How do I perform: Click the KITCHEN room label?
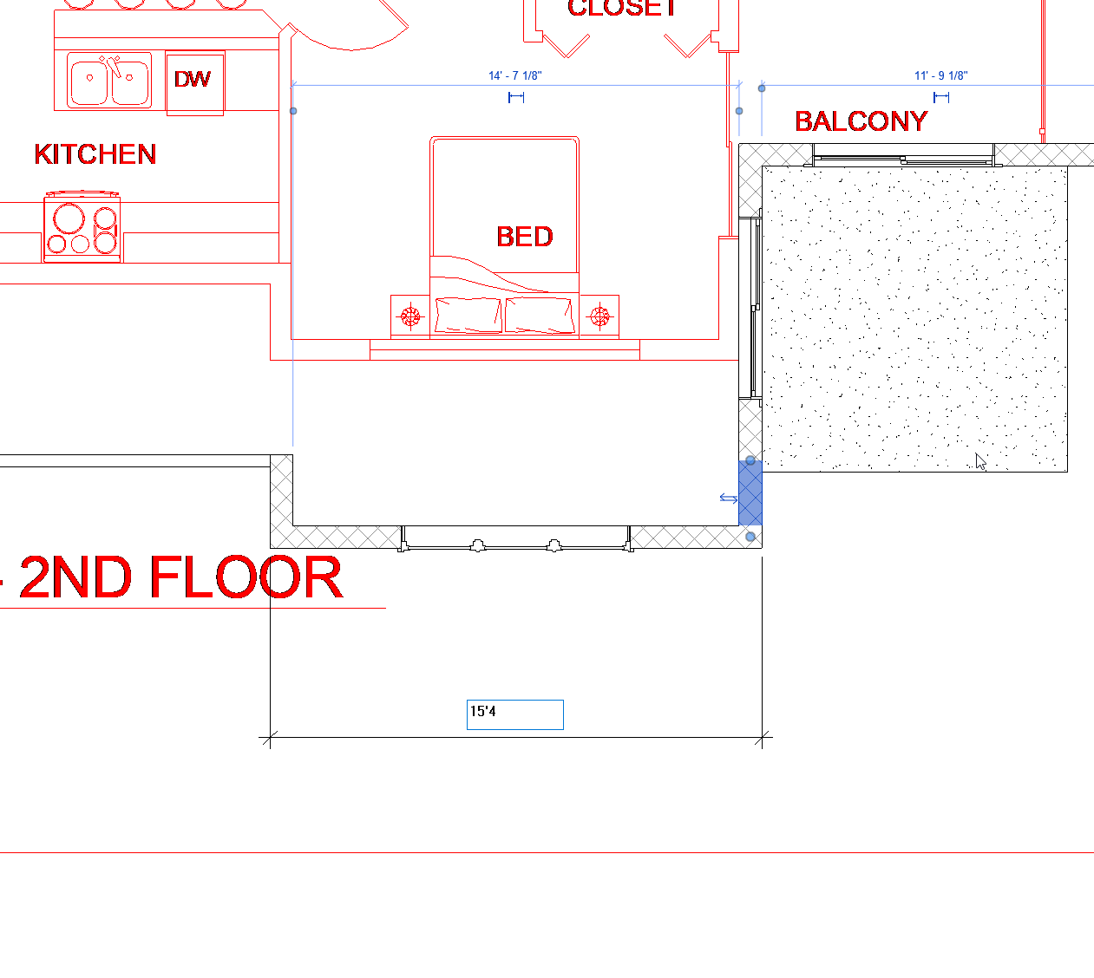click(x=95, y=154)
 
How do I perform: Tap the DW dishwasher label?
click(x=192, y=80)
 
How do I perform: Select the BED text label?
click(x=524, y=237)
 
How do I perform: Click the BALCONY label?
click(x=861, y=121)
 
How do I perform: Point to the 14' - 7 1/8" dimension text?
click(x=515, y=76)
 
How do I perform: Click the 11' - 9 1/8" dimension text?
click(x=940, y=76)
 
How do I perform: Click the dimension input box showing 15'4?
click(x=514, y=714)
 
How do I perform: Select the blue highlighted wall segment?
click(x=750, y=492)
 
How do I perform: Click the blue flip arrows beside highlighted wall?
click(x=728, y=499)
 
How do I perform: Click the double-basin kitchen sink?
click(x=109, y=81)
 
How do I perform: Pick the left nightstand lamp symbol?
click(x=410, y=316)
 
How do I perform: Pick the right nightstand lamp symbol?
click(x=599, y=316)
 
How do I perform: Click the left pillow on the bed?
click(x=468, y=314)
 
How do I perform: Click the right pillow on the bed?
click(x=540, y=314)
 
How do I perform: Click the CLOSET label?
click(x=622, y=9)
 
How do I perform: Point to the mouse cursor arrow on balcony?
click(x=980, y=461)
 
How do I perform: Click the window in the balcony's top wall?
click(x=902, y=159)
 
